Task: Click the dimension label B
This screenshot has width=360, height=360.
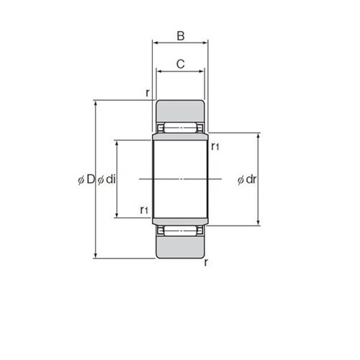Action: (181, 36)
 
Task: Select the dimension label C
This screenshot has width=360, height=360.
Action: (181, 64)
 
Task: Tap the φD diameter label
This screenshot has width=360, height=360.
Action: (86, 179)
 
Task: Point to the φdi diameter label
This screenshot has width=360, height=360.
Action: (107, 179)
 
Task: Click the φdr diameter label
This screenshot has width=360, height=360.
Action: (247, 179)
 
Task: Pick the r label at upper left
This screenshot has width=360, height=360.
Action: (148, 93)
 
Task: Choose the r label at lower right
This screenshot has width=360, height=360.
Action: (206, 263)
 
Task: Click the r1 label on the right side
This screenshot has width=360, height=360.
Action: (215, 146)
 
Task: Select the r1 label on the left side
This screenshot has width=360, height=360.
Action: (144, 210)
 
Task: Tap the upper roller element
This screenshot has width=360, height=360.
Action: (181, 127)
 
